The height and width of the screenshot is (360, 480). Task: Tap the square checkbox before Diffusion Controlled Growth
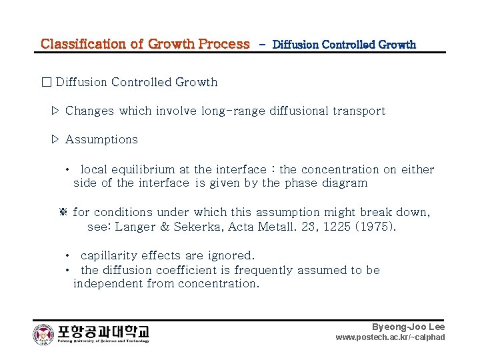tap(46, 83)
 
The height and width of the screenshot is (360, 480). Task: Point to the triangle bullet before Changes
tap(56, 111)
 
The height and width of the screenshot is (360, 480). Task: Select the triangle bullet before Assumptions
tap(56, 139)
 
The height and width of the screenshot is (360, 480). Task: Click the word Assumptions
tap(101, 139)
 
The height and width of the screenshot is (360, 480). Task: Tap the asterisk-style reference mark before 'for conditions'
tap(65, 212)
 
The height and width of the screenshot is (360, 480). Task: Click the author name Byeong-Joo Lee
tap(408, 327)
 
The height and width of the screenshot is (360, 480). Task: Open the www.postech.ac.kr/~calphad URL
tap(390, 337)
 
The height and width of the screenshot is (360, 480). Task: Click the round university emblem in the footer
tap(43, 333)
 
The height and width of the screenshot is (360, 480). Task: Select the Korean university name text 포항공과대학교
tap(103, 331)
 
